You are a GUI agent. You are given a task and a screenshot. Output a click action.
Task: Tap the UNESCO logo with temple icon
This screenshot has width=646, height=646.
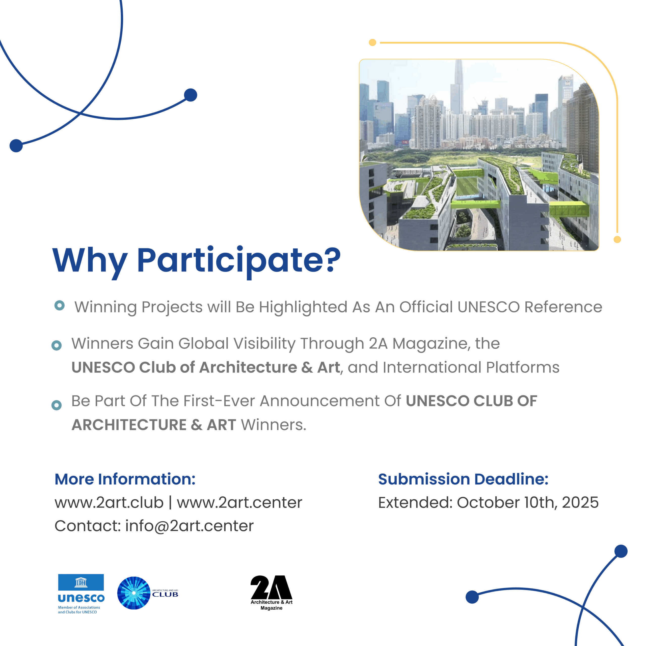(81, 594)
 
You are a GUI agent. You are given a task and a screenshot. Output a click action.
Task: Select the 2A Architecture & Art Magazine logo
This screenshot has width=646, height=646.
(272, 593)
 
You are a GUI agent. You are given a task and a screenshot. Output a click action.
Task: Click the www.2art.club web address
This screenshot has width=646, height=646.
(109, 503)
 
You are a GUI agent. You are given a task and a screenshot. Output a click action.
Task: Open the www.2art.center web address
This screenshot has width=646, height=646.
(239, 503)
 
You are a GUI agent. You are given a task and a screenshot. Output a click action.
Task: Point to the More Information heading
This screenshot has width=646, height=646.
(125, 479)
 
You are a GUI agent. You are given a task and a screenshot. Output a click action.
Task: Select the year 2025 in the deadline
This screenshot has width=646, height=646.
(580, 503)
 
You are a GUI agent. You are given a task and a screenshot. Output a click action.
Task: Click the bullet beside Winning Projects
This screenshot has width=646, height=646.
(60, 305)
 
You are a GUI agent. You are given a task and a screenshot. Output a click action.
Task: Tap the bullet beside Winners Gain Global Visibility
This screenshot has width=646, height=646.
(57, 345)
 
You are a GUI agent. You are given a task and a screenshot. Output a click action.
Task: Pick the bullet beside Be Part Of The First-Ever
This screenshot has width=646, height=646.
(57, 405)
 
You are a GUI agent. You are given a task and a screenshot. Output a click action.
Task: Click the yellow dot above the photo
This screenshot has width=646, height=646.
(372, 42)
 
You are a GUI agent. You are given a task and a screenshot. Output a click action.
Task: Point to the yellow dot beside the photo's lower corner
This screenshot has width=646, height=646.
(617, 239)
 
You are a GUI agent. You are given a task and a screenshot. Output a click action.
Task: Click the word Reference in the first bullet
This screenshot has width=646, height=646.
(563, 307)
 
